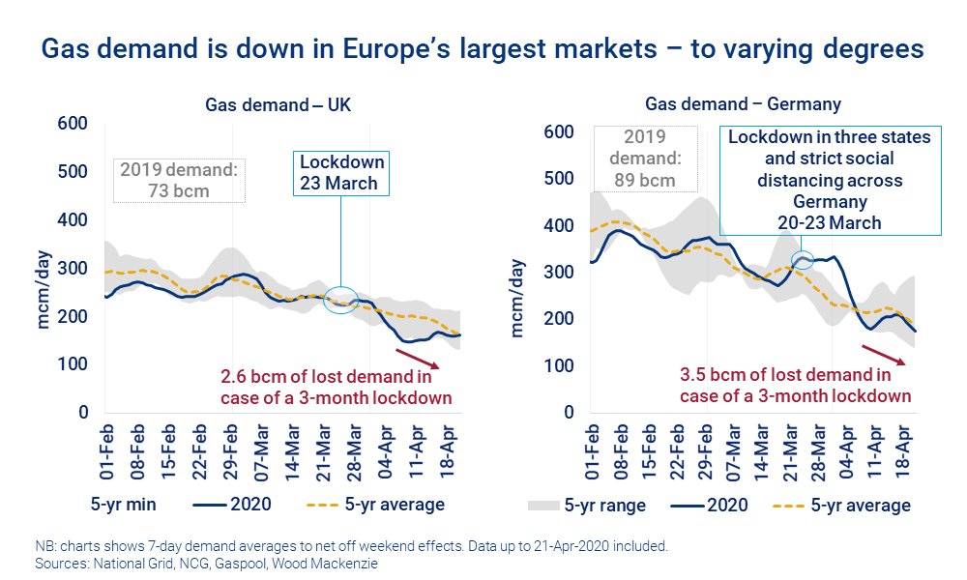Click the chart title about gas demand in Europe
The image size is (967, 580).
[483, 48]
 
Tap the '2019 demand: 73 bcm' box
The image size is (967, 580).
[178, 180]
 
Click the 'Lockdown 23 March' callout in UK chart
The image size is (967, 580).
[341, 173]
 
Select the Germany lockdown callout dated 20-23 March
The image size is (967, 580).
[830, 181]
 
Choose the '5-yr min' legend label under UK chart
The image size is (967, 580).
[126, 504]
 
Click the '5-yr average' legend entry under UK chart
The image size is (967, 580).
[379, 504]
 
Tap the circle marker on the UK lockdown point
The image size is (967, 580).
[340, 301]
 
